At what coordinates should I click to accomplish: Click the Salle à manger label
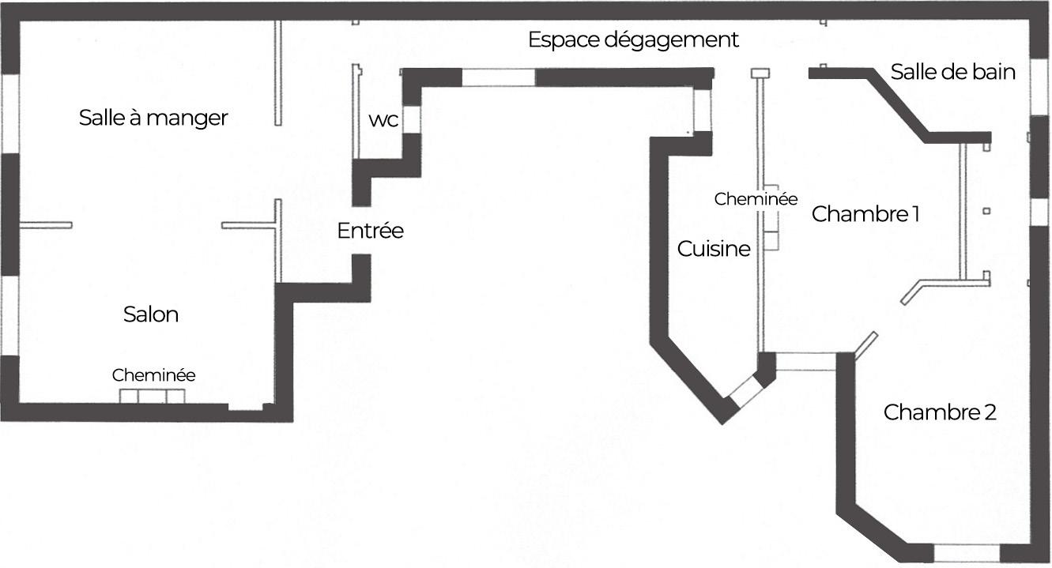coord(153,118)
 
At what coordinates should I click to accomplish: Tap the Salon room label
coord(151,314)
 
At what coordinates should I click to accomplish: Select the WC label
coord(383,122)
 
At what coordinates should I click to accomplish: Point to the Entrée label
coord(370,231)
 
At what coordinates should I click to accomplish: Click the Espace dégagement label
coord(633,40)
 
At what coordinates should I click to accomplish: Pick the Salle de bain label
coord(952,72)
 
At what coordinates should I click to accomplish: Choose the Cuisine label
coord(714,249)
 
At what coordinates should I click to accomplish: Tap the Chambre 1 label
coord(865,214)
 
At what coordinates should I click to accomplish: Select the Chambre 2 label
coord(940,412)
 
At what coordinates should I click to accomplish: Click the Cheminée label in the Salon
coord(153,375)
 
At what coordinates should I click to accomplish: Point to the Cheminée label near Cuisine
coord(756,200)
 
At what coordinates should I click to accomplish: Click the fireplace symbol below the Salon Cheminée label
coord(153,396)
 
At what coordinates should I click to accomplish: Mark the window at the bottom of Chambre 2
coord(967,551)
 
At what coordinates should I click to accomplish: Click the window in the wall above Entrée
coord(499,77)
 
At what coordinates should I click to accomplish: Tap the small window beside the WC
coord(412,118)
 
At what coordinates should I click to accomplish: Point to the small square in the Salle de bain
coord(986,211)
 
